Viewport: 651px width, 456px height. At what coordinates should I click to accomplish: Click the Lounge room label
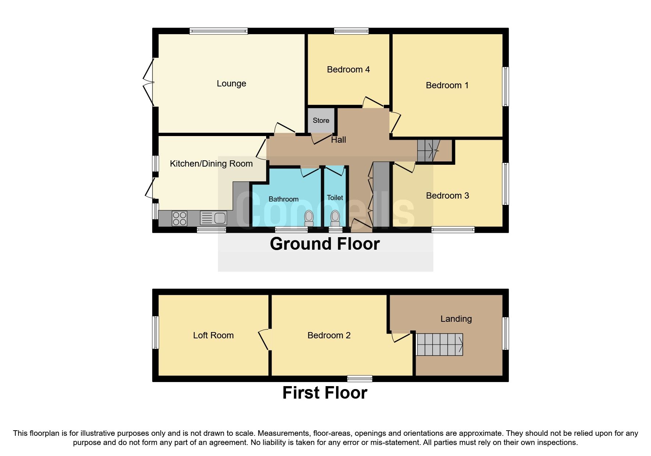(231, 83)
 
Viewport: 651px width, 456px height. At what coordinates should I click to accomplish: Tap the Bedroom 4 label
(348, 70)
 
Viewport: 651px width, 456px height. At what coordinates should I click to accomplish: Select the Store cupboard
(321, 120)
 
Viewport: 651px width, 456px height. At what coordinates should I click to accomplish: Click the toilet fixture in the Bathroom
(309, 218)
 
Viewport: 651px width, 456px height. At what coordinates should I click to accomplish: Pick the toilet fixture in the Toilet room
(335, 218)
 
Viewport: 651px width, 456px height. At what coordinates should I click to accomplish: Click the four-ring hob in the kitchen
(179, 218)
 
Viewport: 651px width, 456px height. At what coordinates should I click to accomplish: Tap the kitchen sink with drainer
(214, 218)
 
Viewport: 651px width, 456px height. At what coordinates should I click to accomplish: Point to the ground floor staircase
(429, 150)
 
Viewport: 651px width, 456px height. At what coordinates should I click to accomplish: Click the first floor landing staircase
(439, 345)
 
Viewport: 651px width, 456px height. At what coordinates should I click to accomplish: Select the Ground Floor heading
(325, 244)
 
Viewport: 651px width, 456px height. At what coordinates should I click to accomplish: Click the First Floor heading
(325, 393)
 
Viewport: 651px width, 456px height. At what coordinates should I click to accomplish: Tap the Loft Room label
(213, 335)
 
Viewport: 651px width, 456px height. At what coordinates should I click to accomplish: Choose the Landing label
(456, 319)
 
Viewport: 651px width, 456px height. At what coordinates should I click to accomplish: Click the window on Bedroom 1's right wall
(506, 86)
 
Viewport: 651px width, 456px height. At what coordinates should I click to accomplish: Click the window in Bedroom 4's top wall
(351, 31)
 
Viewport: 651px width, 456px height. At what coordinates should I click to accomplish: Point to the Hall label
(338, 140)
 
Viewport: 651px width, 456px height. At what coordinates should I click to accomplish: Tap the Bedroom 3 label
(447, 196)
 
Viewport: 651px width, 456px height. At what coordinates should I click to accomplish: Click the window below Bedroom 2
(360, 378)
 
